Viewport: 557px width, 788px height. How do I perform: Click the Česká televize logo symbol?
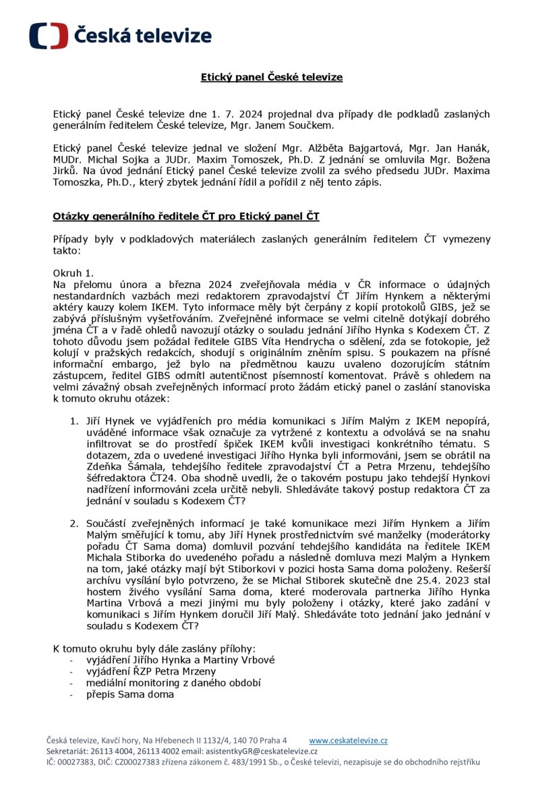pos(48,36)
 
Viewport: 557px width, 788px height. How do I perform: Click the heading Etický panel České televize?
pos(272,78)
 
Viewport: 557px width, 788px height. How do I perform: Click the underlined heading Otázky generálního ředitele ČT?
pos(186,217)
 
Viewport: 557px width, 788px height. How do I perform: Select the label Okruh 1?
pos(74,273)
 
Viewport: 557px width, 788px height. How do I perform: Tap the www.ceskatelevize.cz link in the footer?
pos(348,740)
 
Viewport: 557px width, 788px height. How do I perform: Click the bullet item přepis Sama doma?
pos(130,694)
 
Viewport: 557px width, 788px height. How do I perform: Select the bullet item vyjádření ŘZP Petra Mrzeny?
pos(152,671)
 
